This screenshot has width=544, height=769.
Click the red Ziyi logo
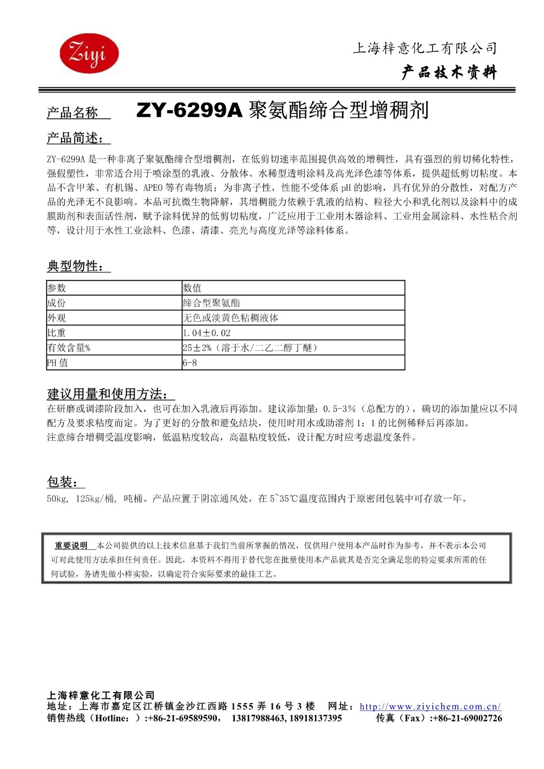[x=89, y=53]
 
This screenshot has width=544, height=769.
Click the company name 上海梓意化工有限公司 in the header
[x=424, y=48]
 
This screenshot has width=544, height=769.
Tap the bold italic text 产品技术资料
[x=448, y=73]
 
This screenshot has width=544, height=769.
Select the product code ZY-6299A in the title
[x=189, y=111]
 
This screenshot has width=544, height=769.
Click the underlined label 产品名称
[x=72, y=113]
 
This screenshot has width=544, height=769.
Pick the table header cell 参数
[x=57, y=288]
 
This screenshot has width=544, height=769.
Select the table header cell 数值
[x=192, y=288]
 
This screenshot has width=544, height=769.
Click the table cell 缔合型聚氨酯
[x=211, y=303]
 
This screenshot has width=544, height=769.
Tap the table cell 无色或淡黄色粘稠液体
[x=230, y=318]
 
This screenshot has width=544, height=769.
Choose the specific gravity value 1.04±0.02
[x=207, y=333]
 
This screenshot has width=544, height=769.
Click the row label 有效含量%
[x=69, y=347]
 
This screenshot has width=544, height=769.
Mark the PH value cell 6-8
[x=190, y=363]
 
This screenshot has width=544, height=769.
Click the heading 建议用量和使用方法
[x=107, y=394]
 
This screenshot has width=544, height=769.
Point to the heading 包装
[x=63, y=482]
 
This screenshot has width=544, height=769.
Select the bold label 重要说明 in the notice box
[x=71, y=546]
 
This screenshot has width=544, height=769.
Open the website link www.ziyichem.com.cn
[x=430, y=707]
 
